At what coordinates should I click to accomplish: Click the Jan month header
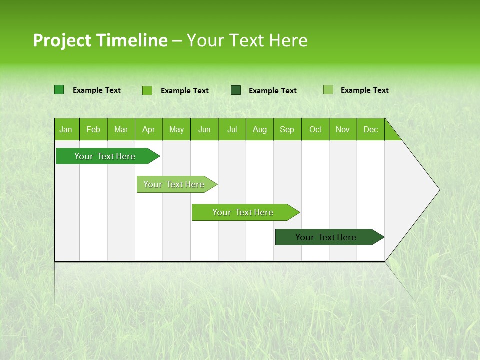click(66, 129)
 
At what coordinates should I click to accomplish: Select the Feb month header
click(93, 129)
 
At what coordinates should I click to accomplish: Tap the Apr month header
click(148, 129)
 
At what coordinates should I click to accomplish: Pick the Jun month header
click(204, 129)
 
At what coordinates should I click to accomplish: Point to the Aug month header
click(259, 129)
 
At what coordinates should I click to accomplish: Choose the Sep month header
click(287, 129)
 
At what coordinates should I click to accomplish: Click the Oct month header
click(315, 129)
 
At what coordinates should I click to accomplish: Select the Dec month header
click(370, 129)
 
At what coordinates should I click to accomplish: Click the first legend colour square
click(59, 90)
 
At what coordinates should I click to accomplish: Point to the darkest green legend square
click(236, 90)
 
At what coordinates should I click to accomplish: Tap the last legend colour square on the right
click(328, 90)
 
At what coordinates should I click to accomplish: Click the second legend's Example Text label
click(184, 91)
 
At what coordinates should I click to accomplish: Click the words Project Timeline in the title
click(100, 40)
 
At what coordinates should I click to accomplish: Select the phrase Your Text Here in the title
click(247, 40)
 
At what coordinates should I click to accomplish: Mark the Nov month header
click(342, 129)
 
